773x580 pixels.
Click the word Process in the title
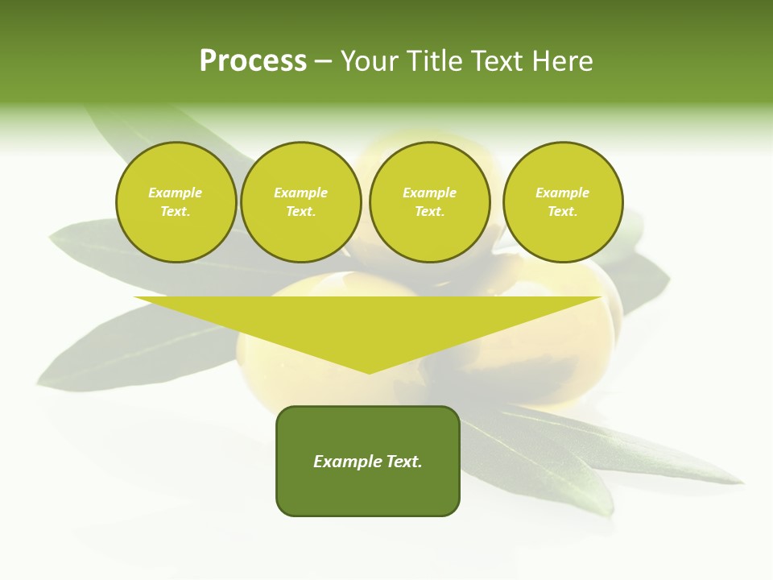point(253,61)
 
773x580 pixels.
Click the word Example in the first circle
point(176,193)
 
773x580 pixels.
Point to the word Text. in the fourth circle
point(563,212)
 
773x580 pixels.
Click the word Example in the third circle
point(429,193)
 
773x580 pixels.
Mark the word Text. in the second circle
point(300,212)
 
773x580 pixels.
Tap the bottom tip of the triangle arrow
point(369,371)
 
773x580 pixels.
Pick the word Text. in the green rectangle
point(405,462)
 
